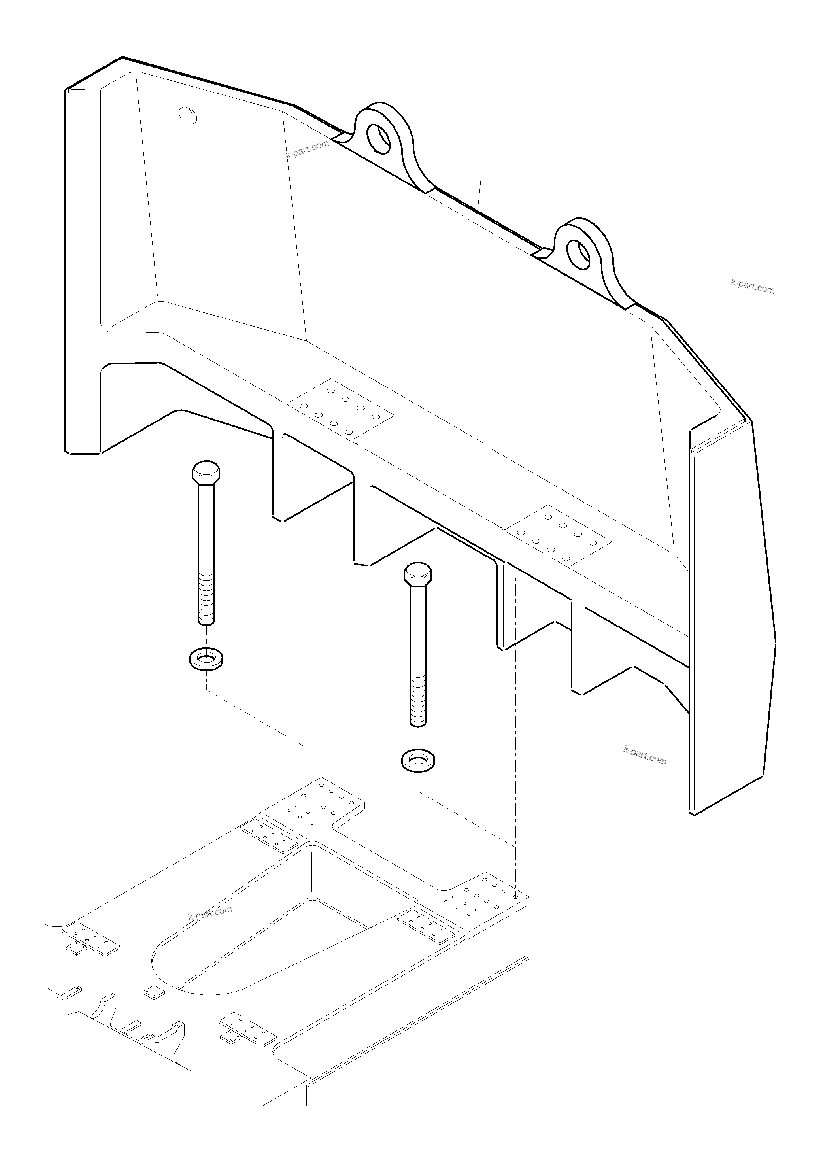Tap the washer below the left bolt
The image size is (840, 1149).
click(x=208, y=660)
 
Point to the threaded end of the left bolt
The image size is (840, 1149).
click(x=206, y=598)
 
